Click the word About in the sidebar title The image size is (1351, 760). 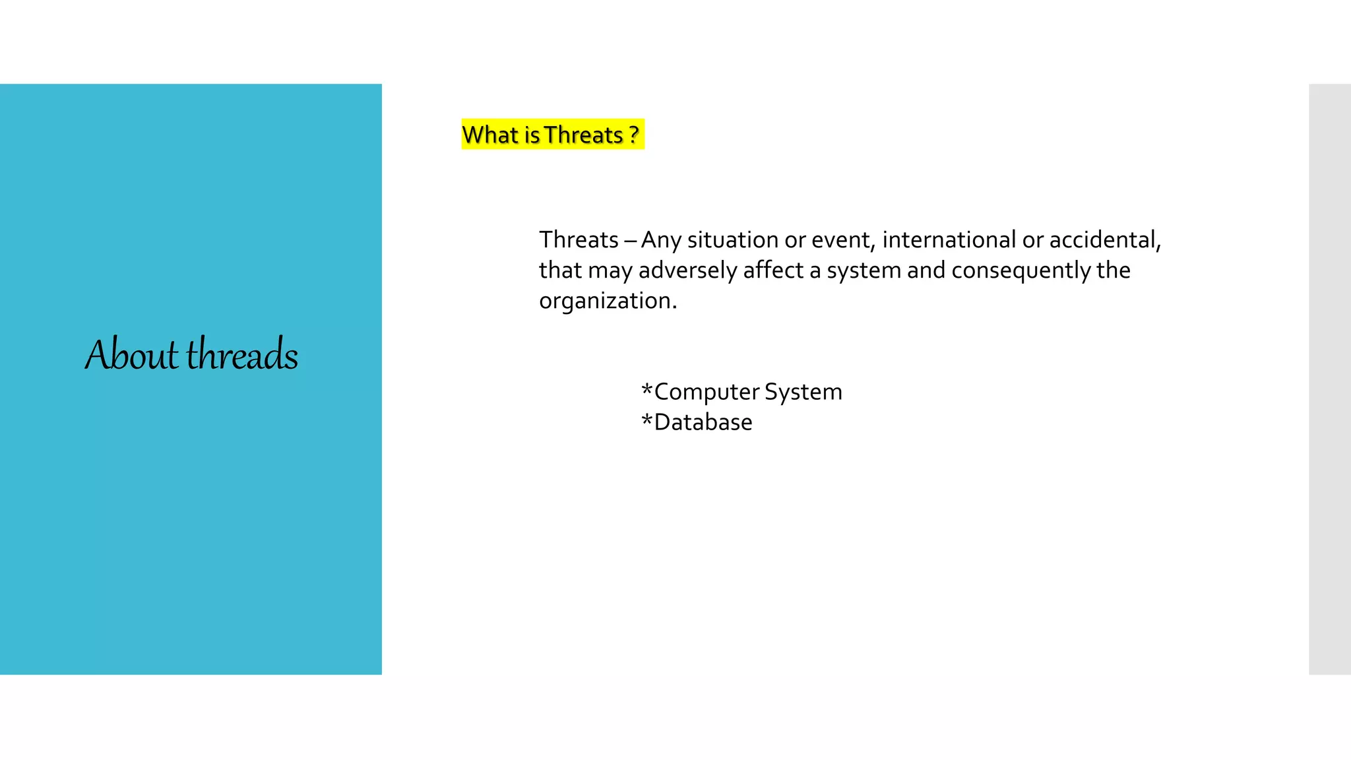pyautogui.click(x=131, y=354)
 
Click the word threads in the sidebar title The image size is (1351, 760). pyautogui.click(x=242, y=354)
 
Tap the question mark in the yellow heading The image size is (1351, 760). pyautogui.click(x=634, y=135)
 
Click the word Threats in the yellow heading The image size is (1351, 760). pyautogui.click(x=584, y=135)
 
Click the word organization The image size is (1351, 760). pyautogui.click(x=608, y=301)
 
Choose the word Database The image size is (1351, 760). pyautogui.click(x=703, y=422)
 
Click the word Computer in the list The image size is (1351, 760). pyautogui.click(x=706, y=392)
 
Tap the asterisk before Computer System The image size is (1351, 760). pyautogui.click(x=646, y=389)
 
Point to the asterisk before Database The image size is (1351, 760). pyautogui.click(x=646, y=420)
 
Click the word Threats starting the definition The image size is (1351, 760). pyautogui.click(x=579, y=239)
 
